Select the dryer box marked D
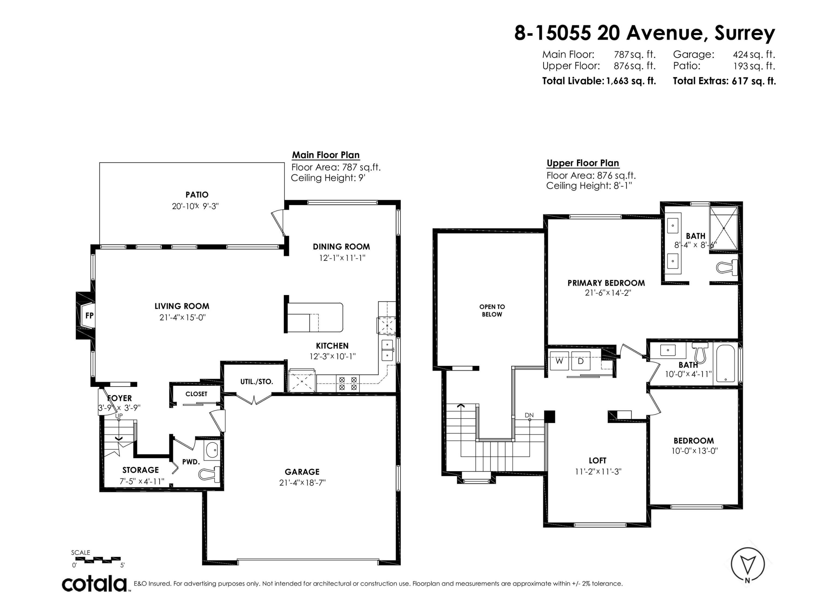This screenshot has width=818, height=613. [x=581, y=361]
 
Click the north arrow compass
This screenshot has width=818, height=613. [x=747, y=565]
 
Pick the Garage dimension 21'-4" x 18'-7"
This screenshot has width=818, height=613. [x=302, y=482]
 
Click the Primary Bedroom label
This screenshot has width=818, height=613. [x=606, y=283]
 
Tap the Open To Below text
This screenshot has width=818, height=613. [x=492, y=310]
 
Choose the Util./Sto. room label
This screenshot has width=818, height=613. [x=257, y=382]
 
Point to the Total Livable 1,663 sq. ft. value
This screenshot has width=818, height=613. [x=631, y=81]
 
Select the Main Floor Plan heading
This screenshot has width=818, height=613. [x=325, y=155]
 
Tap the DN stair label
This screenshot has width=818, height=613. [x=529, y=415]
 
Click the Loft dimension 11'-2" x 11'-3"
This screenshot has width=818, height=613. [x=598, y=472]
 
